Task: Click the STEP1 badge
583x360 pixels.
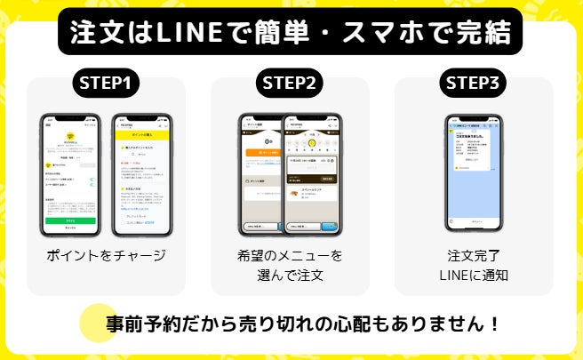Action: pyautogui.click(x=106, y=83)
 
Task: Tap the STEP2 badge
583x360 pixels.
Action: pyautogui.click(x=290, y=83)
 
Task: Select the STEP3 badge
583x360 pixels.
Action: pyautogui.click(x=474, y=83)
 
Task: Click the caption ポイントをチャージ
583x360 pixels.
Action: pyautogui.click(x=106, y=255)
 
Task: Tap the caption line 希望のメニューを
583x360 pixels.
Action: pyautogui.click(x=290, y=256)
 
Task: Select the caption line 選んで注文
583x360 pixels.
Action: pyautogui.click(x=290, y=276)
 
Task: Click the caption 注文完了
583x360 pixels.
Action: pyautogui.click(x=474, y=256)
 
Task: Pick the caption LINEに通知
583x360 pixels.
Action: pyautogui.click(x=474, y=276)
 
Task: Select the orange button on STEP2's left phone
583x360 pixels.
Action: pyautogui.click(x=260, y=153)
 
